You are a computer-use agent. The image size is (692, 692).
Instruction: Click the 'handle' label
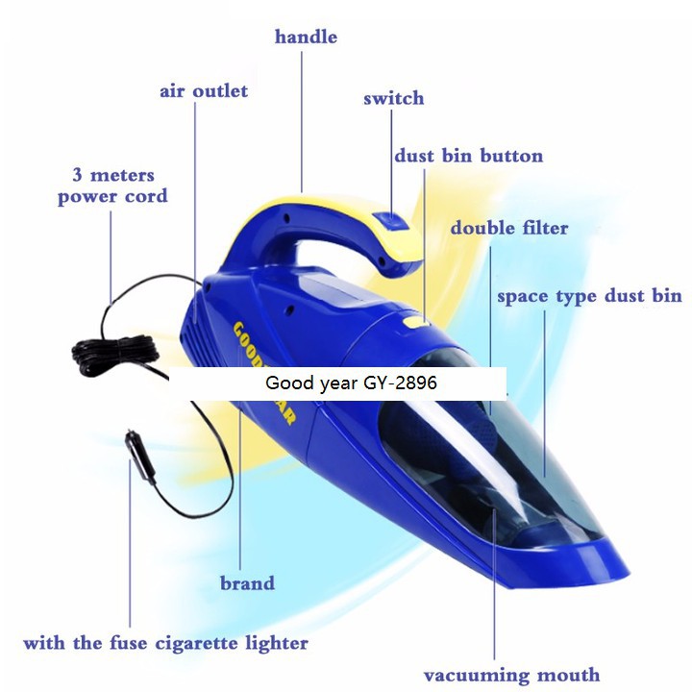306,37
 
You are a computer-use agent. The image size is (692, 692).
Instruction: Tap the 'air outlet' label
204,91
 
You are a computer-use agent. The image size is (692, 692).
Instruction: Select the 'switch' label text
393,99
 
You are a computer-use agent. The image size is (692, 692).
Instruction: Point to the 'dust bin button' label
468,156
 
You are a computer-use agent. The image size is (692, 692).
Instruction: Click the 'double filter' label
509,229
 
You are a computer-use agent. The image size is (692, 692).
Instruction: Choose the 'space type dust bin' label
589,296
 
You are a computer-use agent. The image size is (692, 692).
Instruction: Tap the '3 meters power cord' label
112,186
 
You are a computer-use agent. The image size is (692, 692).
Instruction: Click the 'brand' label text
247,583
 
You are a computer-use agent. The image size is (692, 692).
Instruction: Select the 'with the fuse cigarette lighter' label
165,643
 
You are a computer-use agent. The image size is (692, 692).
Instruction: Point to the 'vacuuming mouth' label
511,675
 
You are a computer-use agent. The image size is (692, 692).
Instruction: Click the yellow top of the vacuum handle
317,201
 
